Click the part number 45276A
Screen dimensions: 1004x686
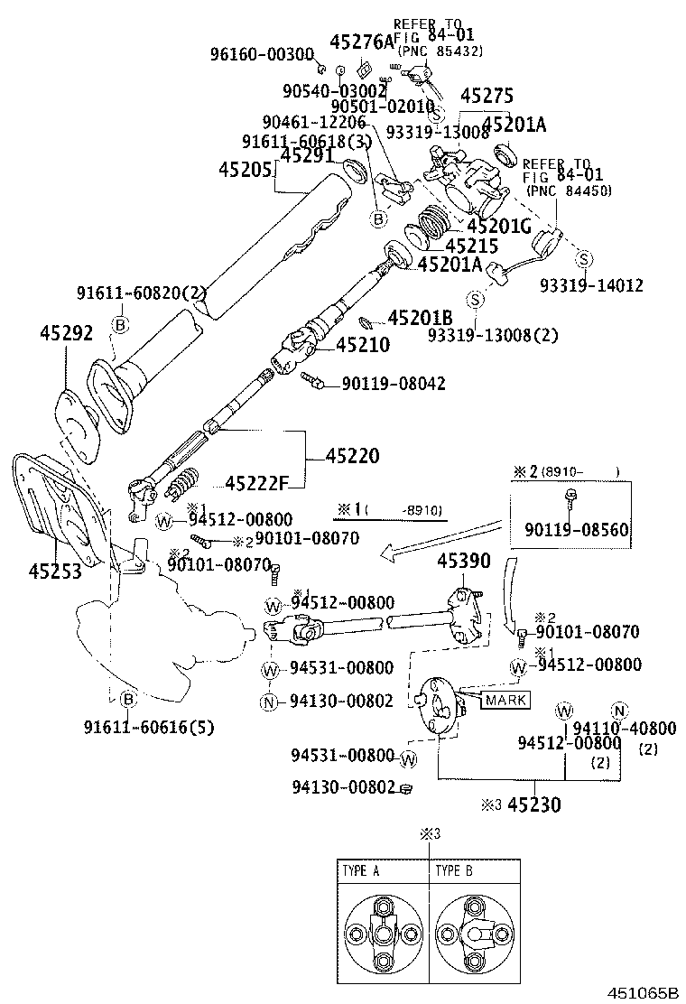363,42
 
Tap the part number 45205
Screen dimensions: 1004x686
246,170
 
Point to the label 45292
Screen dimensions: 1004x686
66,334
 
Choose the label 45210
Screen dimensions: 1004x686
363,344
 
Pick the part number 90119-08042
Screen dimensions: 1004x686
393,384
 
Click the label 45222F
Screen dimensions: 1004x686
255,483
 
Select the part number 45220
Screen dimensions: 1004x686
346,457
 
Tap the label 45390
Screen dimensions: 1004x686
464,562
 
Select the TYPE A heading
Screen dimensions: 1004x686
361,871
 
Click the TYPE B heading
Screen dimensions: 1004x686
454,871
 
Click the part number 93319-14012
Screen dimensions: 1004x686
591,285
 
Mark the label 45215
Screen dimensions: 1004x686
471,245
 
